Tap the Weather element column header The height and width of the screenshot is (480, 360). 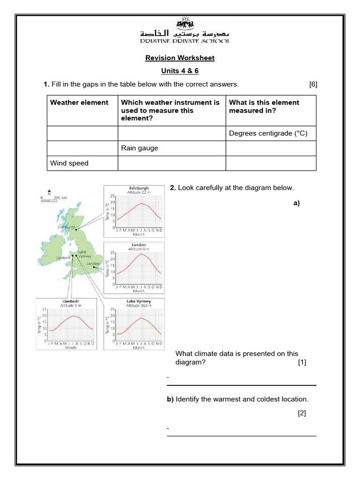click(79, 103)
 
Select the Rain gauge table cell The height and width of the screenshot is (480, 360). click(140, 148)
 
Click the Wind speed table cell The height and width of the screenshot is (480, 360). click(69, 163)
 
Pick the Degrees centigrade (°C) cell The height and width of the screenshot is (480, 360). click(268, 133)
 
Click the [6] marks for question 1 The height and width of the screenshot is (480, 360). click(313, 84)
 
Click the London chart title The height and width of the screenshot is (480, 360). click(139, 245)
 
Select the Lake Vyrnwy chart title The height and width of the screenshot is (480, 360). click(139, 301)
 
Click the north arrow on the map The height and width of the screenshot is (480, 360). click(49, 192)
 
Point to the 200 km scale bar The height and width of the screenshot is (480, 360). click(54, 198)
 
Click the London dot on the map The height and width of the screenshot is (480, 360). click(94, 268)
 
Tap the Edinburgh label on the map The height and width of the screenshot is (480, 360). click(66, 227)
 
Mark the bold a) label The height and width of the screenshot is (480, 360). click(296, 203)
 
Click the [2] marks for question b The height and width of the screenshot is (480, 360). click(301, 413)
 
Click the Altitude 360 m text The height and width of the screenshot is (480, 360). click(139, 306)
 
